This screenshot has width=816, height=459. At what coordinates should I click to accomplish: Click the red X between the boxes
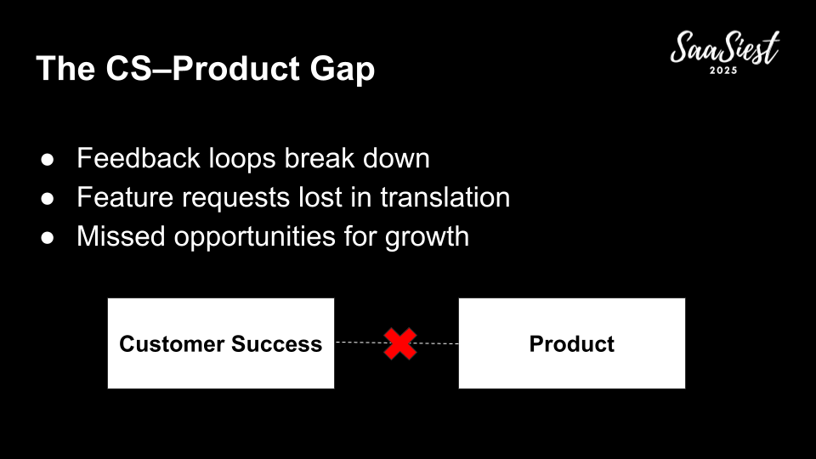400,343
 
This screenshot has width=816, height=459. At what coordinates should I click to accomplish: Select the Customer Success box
221,343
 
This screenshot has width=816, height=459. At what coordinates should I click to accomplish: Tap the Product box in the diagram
572,343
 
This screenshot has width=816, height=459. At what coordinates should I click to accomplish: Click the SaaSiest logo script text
725,48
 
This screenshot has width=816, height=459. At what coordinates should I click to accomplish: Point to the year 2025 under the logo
723,71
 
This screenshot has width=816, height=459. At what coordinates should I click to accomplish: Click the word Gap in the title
343,70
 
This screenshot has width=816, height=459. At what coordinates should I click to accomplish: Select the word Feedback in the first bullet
139,158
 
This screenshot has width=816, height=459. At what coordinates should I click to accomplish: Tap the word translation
445,197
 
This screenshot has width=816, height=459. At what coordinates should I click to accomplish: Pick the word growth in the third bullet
427,237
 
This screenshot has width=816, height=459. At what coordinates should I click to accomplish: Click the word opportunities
254,237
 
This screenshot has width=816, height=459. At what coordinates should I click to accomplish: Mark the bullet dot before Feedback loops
48,159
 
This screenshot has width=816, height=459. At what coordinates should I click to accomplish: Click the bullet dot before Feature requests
48,198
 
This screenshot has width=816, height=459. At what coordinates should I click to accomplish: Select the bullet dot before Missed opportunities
48,237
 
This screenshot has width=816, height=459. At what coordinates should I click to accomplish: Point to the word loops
242,159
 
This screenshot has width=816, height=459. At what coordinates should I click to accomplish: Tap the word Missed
121,236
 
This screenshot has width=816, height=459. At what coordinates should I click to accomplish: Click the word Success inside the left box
277,344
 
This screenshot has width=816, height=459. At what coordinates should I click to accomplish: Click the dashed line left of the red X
360,343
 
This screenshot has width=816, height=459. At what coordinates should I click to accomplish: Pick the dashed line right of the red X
437,343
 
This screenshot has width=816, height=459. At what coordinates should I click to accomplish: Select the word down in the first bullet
396,158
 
